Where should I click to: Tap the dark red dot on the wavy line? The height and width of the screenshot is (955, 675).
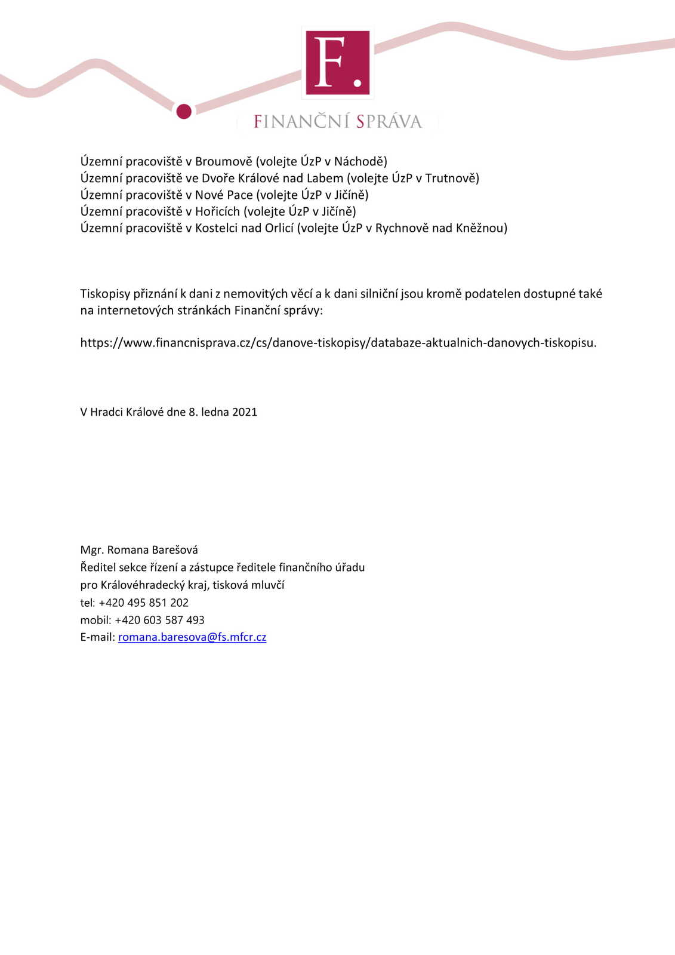184,111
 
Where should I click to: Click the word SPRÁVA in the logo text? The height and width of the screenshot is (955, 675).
389,122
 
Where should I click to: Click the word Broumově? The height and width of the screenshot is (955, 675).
224,161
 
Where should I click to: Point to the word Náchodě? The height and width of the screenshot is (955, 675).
360,161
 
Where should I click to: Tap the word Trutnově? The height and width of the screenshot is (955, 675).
452,178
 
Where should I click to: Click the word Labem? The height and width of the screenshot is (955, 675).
325,178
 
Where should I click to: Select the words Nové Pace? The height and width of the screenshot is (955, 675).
224,195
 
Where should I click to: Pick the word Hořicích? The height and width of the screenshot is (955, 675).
217,211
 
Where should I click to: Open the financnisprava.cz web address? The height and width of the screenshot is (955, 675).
338,343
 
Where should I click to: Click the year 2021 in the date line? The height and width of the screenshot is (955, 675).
245,412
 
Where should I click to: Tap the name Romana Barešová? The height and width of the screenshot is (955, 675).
152,550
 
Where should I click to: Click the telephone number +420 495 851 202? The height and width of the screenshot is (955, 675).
143,603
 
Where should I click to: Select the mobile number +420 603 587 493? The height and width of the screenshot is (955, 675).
159,620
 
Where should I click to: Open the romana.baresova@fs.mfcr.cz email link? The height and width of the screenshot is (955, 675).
192,637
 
